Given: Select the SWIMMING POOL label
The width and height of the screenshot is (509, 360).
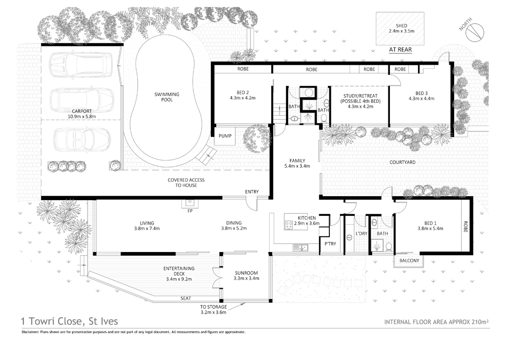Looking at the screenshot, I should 166,97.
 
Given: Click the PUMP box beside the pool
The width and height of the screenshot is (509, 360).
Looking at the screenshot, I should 225,136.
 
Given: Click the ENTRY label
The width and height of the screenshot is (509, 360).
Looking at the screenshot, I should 251,191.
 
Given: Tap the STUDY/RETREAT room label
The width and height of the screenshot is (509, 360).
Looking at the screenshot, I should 359,98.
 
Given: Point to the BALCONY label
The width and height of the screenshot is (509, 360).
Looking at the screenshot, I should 409,261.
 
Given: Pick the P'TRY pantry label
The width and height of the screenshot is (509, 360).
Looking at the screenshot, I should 330,244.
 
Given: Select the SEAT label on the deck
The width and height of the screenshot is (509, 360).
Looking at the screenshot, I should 186,298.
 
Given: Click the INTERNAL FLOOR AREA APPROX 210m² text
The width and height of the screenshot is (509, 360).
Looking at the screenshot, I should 436,322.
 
